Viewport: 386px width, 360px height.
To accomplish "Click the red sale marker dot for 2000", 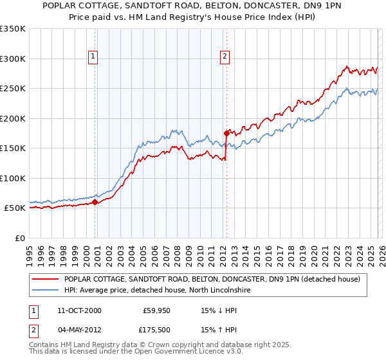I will [x=95, y=202].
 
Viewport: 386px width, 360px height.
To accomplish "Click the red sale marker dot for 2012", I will [x=226, y=133].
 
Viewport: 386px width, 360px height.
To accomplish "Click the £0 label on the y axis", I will [x=19, y=238].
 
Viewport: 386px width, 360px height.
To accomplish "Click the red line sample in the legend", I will [x=45, y=279].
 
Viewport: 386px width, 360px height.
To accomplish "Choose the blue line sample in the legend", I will [x=45, y=290].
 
